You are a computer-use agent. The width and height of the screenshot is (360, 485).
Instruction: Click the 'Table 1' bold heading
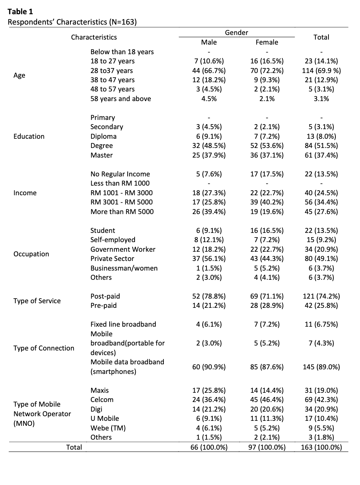click(20, 12)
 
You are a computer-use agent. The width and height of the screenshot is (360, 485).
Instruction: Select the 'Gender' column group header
click(237, 33)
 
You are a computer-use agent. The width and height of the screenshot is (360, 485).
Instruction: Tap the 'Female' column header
click(267, 42)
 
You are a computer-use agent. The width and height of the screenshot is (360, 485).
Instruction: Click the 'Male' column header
click(209, 42)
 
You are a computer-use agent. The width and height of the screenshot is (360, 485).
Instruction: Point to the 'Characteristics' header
click(94, 37)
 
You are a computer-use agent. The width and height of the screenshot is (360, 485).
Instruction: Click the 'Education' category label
click(29, 136)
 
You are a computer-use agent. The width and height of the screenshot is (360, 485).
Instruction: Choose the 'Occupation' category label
click(31, 254)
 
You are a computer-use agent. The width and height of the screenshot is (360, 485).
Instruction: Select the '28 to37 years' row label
click(112, 71)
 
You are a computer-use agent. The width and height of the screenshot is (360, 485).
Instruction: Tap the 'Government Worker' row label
click(123, 249)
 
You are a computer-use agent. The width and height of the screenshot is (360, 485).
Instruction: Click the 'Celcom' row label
click(102, 400)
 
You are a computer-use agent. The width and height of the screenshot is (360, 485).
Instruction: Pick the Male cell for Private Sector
click(209, 259)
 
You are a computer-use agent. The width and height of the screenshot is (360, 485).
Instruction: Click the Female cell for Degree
click(267, 145)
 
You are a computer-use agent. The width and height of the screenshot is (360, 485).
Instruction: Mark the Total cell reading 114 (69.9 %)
click(321, 71)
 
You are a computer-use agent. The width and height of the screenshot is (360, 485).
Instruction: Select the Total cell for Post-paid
click(321, 296)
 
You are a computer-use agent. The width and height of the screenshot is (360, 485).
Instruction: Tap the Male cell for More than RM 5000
click(209, 211)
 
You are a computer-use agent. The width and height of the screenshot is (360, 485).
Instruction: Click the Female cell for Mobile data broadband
click(267, 367)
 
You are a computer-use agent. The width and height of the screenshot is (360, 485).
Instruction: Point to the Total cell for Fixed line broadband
click(321, 324)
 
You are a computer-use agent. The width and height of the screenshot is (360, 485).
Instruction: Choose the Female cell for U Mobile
click(267, 418)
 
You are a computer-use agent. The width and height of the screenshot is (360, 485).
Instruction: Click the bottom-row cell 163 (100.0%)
click(321, 447)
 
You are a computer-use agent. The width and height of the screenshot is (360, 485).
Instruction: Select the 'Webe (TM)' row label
click(108, 428)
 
